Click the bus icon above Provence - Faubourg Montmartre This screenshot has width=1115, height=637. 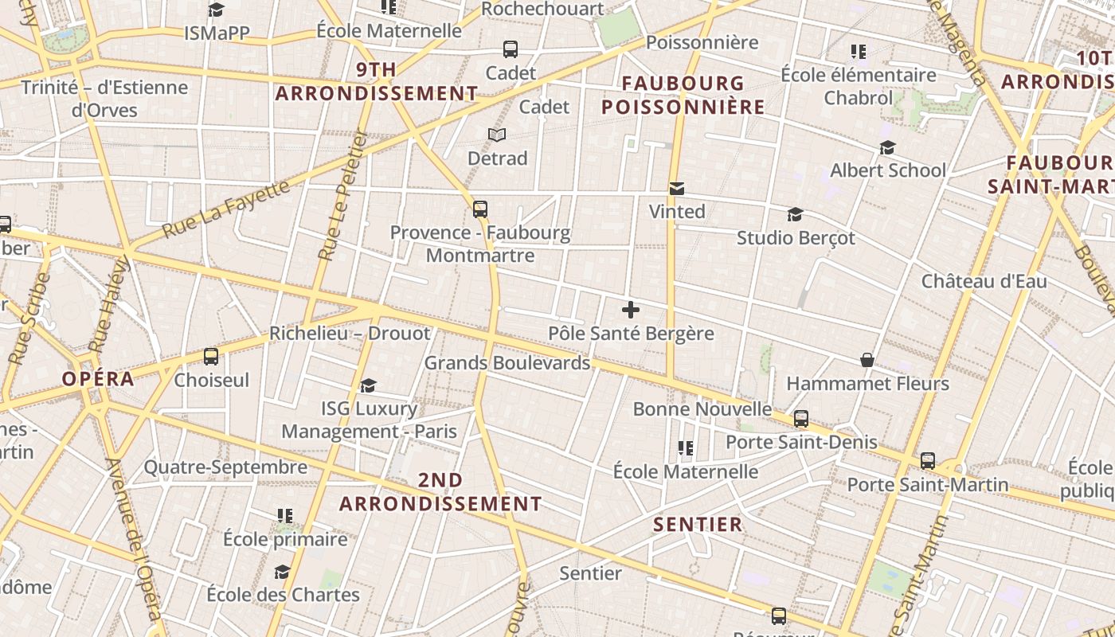click(479, 209)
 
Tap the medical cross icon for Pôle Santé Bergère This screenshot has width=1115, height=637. click(630, 310)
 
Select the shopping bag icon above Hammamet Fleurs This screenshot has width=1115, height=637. click(867, 361)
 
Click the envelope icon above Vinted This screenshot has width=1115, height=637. click(677, 189)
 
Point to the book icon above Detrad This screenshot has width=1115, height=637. click(497, 135)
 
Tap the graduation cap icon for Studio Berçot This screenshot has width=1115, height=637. click(795, 215)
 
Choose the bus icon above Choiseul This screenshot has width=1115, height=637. click(211, 357)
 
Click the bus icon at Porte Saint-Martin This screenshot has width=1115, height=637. click(928, 461)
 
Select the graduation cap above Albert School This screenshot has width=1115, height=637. click(887, 148)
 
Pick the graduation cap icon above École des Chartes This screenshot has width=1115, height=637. click(282, 573)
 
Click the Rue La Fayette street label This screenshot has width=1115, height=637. click(226, 209)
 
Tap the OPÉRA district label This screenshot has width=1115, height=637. click(99, 379)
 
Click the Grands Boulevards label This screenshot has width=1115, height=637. click(507, 363)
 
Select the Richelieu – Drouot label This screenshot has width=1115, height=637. click(350, 333)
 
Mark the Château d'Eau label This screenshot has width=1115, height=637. click(984, 281)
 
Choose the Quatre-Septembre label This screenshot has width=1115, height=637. click(225, 467)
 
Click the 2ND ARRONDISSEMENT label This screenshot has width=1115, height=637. click(440, 492)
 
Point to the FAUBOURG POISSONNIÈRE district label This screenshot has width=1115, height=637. click(683, 95)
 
